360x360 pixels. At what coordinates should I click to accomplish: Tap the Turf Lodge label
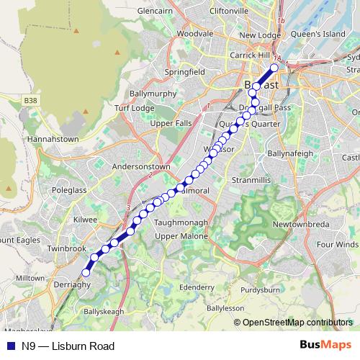point(134,108)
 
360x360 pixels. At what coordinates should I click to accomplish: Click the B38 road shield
point(30,100)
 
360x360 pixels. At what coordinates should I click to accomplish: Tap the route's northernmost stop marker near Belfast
point(274,68)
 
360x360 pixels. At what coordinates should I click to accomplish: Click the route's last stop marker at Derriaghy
point(86,272)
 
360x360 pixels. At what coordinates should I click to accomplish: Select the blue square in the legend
point(8,346)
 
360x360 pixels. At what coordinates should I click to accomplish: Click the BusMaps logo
point(325,346)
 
